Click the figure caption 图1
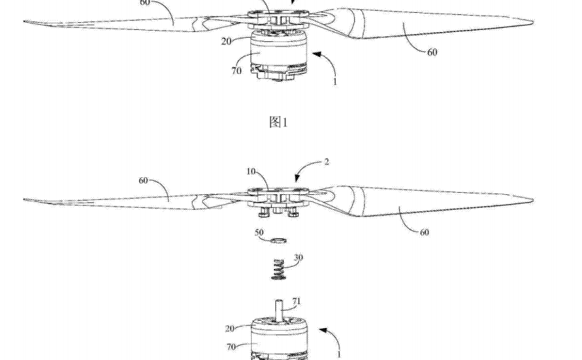point(278,122)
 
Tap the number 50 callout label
point(259,233)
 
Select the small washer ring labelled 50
point(278,240)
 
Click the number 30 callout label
point(298,258)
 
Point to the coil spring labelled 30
point(278,269)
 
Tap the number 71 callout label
point(296,301)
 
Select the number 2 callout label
point(327,162)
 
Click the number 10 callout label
point(251,171)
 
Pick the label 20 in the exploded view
point(230,329)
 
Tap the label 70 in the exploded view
point(231,347)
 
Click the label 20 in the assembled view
point(226,41)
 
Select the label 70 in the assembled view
point(236,70)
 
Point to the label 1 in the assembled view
point(335,82)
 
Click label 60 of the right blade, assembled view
point(433,53)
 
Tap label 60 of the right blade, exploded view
point(424,233)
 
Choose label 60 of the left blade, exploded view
point(143,181)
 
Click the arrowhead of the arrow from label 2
point(297,178)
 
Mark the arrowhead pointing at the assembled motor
point(316,55)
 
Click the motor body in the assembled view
point(278,55)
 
